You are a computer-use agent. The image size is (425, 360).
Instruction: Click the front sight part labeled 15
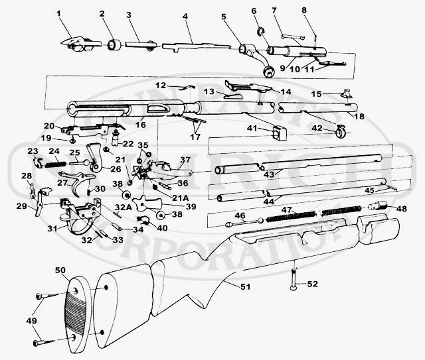pos(345,94)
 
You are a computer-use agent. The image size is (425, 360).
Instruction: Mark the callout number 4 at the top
pos(186,13)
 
